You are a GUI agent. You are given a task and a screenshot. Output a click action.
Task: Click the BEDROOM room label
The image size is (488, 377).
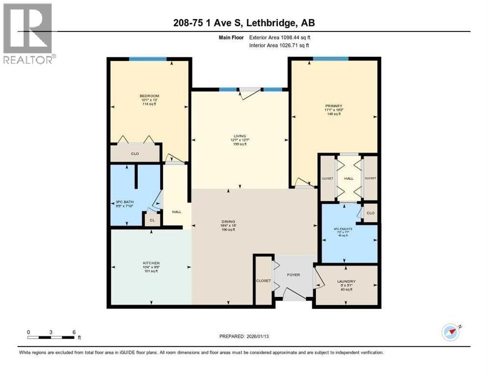(x=149, y=96)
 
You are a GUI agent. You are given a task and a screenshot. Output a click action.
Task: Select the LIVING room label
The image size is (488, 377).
(x=240, y=136)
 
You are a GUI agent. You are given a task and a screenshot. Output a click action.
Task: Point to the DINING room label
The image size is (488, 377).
(x=228, y=221)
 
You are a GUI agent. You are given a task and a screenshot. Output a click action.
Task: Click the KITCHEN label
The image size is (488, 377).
(x=151, y=263)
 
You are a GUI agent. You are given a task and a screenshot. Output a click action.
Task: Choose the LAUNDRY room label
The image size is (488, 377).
(x=347, y=281)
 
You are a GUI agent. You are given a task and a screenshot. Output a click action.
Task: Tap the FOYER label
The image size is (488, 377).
(x=294, y=275)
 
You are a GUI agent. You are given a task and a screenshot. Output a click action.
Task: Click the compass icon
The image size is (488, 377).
(x=450, y=332)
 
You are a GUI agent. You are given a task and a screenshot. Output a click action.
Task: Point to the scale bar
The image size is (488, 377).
(x=51, y=337)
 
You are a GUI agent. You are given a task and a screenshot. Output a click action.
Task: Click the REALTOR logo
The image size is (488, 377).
(x=28, y=33)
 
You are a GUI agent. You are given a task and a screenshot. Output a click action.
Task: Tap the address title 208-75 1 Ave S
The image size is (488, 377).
(x=244, y=23)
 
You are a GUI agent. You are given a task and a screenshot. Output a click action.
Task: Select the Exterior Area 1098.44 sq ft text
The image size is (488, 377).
(x=279, y=37)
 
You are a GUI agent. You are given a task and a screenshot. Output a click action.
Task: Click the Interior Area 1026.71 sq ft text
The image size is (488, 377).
(x=279, y=45)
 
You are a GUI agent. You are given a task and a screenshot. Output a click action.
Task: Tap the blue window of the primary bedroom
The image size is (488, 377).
(x=330, y=59)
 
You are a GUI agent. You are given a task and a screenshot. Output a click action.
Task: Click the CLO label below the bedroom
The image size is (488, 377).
(x=136, y=154)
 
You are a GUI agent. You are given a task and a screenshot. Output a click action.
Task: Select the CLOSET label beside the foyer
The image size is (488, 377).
(x=263, y=281)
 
